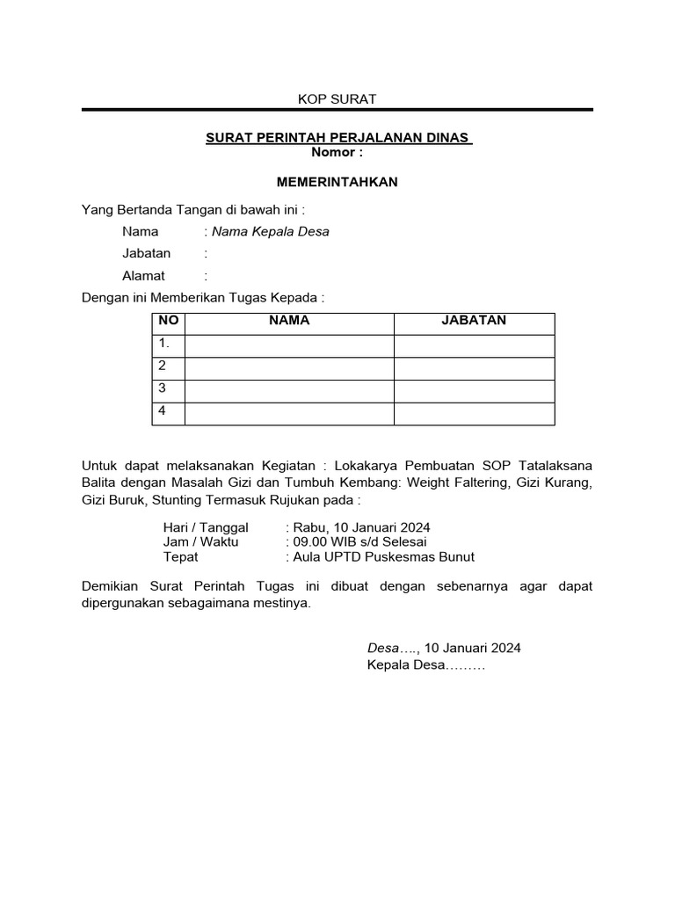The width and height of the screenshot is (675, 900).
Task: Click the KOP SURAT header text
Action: (x=337, y=99)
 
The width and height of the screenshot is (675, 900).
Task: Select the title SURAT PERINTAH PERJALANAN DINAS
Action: (x=338, y=139)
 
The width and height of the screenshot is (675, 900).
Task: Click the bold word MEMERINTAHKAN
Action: (x=337, y=182)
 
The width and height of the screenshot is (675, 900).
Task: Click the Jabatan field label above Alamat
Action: (x=147, y=254)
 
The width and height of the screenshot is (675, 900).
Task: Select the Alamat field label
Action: (x=144, y=276)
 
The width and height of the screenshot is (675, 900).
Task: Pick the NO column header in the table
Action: (x=168, y=321)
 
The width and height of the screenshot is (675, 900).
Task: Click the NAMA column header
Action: (x=289, y=321)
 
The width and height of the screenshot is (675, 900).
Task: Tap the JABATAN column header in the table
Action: (x=474, y=321)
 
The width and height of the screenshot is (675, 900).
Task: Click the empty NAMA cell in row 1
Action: (x=289, y=345)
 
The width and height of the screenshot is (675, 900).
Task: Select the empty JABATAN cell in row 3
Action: (x=474, y=390)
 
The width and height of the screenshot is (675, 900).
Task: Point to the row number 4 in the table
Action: (x=163, y=410)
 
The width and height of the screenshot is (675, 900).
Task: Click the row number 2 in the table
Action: (x=163, y=366)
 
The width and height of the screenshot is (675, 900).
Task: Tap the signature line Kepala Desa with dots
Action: (x=426, y=665)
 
